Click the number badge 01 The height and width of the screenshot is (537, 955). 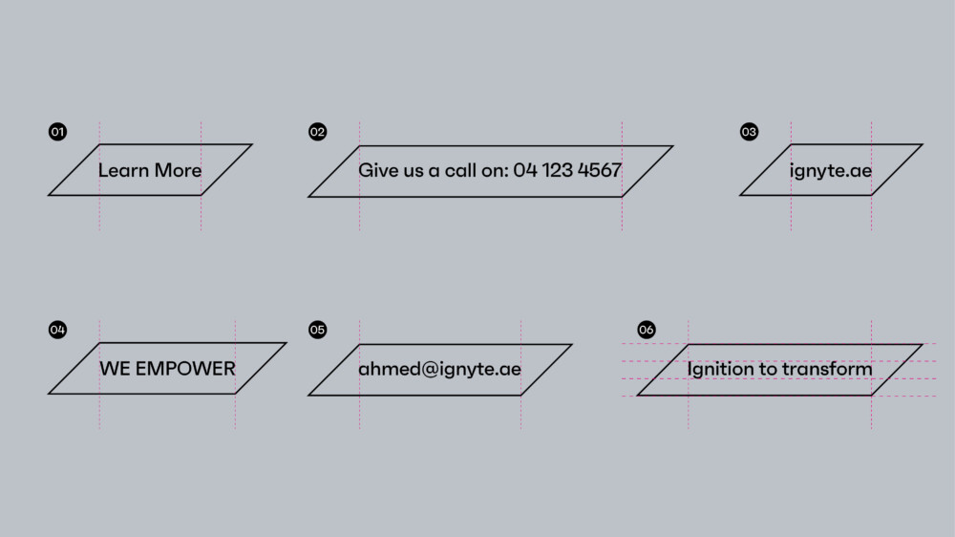[58, 132]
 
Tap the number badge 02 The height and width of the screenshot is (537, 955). [318, 132]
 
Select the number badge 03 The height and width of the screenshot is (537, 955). [750, 132]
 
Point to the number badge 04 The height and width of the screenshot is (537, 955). [58, 330]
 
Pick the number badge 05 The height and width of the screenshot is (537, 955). [318, 330]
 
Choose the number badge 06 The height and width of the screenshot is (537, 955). [647, 330]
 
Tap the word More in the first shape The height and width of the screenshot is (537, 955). [179, 171]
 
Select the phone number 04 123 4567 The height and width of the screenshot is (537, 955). [567, 171]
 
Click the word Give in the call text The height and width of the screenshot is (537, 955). [377, 171]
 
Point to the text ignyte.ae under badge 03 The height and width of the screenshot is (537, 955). [831, 172]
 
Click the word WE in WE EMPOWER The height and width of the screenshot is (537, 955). [115, 369]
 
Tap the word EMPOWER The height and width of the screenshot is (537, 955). [185, 369]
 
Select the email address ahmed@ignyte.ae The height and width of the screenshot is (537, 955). [439, 370]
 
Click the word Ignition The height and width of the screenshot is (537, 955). [721, 369]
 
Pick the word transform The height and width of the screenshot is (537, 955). [827, 369]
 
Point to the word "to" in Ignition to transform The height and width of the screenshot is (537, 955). [768, 369]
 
